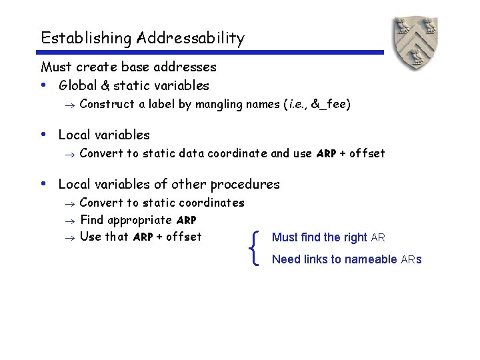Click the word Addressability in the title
191,38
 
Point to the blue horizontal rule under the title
212,53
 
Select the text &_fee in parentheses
331,104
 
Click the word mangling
217,104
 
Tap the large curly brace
257,248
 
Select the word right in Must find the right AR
355,237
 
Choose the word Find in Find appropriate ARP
91,220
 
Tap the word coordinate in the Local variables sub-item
237,153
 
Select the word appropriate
139,220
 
